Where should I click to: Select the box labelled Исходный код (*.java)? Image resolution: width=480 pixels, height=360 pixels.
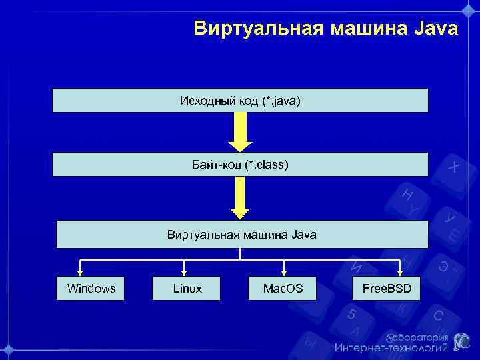[240, 101]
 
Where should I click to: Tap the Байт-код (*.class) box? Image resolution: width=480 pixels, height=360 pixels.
[240, 164]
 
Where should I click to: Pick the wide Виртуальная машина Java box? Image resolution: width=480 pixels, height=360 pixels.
[242, 235]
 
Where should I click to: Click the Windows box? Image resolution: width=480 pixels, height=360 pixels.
[91, 288]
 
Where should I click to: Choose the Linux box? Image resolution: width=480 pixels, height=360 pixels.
[187, 288]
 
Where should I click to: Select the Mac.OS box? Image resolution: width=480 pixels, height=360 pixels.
[283, 288]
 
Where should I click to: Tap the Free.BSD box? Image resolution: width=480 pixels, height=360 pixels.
[387, 288]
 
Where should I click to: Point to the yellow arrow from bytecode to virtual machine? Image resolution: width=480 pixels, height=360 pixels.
[241, 197]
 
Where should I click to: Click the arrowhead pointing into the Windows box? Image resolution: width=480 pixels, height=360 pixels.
[81, 271]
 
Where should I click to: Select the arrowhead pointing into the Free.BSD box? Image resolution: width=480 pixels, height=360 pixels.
[400, 271]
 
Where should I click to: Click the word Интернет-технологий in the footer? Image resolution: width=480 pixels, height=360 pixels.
[391, 347]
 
